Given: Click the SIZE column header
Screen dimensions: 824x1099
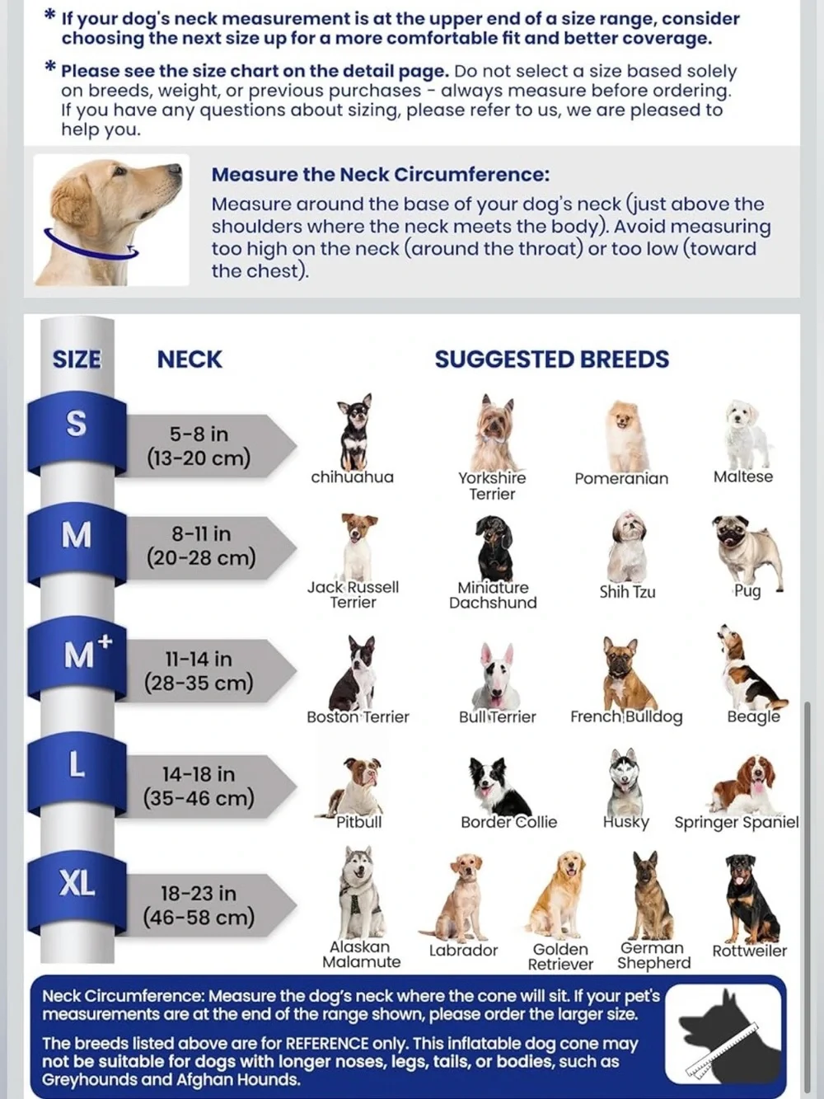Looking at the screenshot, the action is tap(77, 359).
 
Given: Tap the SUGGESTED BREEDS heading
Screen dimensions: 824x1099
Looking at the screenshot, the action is tap(551, 359).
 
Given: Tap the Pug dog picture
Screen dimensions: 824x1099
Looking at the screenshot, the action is tap(747, 551).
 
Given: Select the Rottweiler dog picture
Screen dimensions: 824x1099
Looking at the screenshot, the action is tap(751, 899).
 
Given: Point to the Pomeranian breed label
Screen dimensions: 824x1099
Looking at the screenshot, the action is tap(621, 479).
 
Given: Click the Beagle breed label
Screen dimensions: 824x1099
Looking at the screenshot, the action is tap(753, 716).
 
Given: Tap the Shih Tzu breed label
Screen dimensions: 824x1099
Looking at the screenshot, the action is tap(627, 592).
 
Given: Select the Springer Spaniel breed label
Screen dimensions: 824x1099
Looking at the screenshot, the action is tap(737, 822).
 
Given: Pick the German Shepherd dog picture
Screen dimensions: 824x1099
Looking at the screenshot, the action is tap(653, 895).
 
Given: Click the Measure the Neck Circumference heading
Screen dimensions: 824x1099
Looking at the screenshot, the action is tap(380, 175).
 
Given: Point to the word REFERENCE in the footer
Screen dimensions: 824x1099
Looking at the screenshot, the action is tap(326, 1044).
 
